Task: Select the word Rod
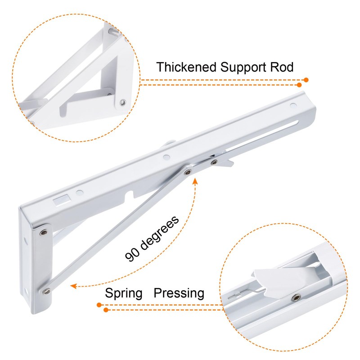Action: click(x=282, y=67)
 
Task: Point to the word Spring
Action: click(x=124, y=293)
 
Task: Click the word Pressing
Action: click(x=179, y=293)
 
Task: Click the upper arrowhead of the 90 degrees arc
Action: click(x=195, y=180)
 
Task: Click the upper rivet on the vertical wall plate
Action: click(x=43, y=232)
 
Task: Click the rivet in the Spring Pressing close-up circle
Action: click(x=295, y=298)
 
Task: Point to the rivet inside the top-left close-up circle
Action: click(x=122, y=103)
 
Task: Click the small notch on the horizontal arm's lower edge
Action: click(x=131, y=195)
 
